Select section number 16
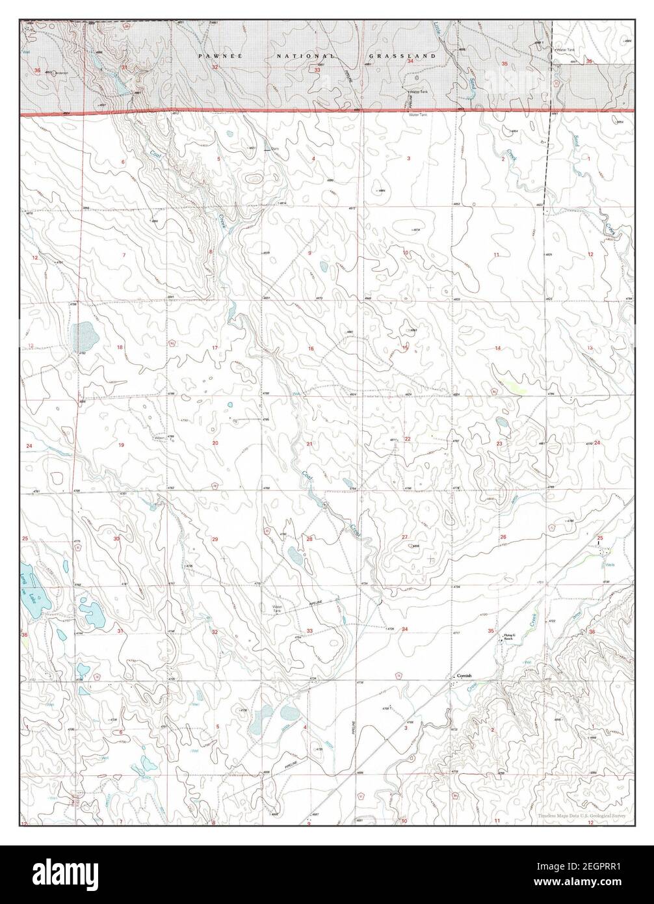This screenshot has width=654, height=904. pos(311,349)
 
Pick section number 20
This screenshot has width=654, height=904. pos(216,443)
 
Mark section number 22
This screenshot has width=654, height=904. pos(408,440)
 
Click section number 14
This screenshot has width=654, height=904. pos(498,349)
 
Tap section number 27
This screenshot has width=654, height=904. pos(404,537)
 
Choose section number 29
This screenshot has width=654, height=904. pos(215,540)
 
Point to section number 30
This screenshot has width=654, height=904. pos(117,539)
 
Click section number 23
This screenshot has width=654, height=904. pos(499,444)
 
